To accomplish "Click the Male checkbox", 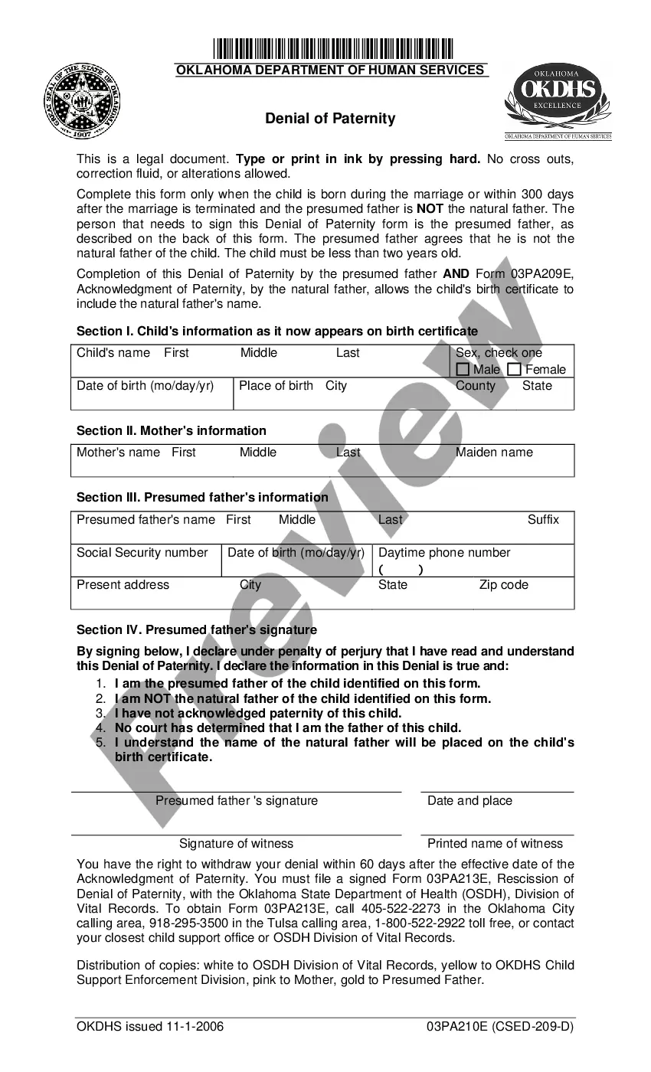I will [463, 370].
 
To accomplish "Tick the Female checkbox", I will [515, 370].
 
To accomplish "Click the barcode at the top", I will [333, 49].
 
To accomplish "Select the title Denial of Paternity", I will [330, 119].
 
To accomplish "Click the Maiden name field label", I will [494, 453].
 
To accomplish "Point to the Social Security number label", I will [142, 553].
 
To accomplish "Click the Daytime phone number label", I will [444, 553].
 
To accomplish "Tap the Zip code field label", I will [503, 585].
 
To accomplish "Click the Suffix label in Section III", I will [543, 520].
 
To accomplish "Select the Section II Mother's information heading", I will [172, 431].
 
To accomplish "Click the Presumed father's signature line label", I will [236, 801].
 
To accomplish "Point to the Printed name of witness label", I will [495, 844].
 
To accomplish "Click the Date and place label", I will [469, 801].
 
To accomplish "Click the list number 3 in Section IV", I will [100, 714].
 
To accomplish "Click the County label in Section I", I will [476, 386].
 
